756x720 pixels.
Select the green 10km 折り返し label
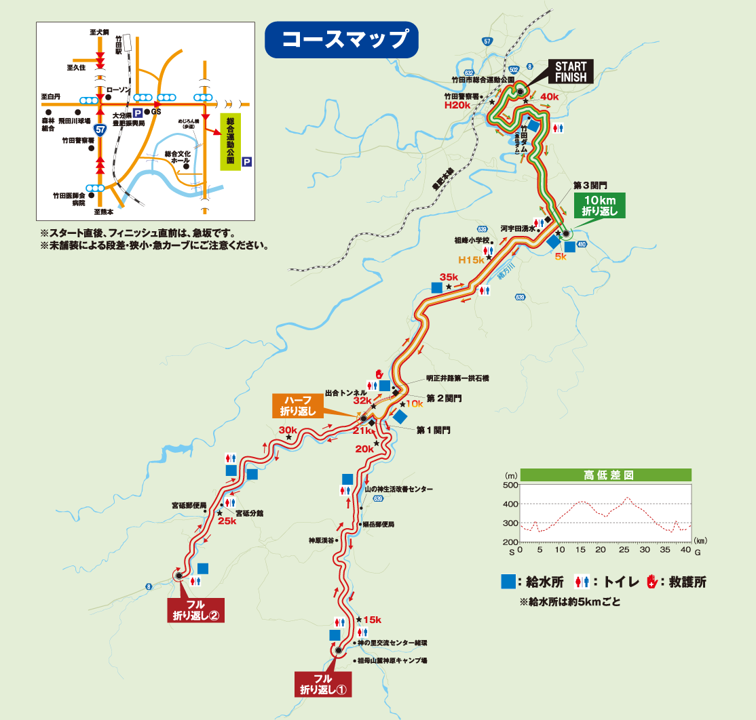[599, 205]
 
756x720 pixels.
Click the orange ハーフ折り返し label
[297, 405]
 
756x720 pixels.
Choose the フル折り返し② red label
[195, 610]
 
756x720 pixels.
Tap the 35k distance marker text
[449, 277]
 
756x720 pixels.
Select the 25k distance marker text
[227, 521]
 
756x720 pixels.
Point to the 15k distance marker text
[372, 620]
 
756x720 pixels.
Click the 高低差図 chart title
[607, 475]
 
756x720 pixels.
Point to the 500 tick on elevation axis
[509, 485]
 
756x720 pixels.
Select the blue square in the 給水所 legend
[507, 582]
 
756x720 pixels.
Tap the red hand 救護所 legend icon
[652, 581]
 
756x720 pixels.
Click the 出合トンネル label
[345, 393]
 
